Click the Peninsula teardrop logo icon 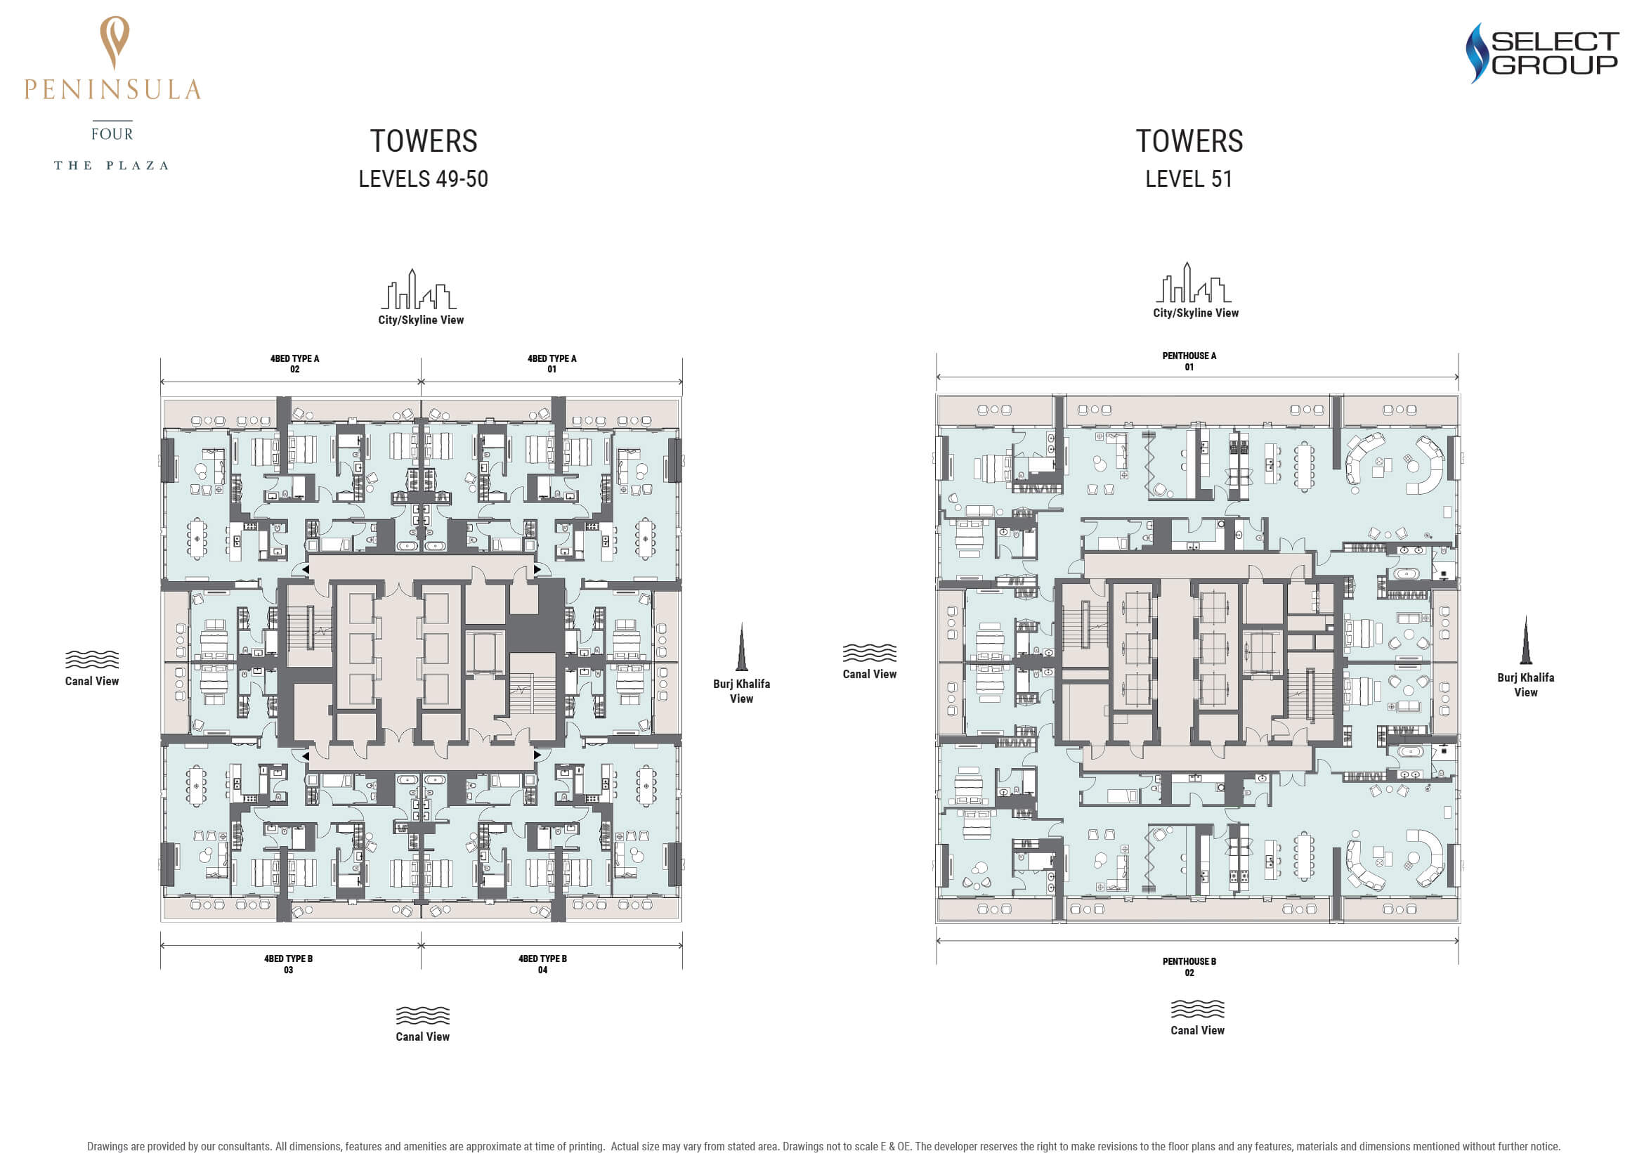click(x=115, y=42)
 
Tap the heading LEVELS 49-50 click(x=423, y=179)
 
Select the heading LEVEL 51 click(x=1189, y=179)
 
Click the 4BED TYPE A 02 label click(x=294, y=364)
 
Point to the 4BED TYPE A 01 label click(x=552, y=364)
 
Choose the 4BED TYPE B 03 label click(x=288, y=964)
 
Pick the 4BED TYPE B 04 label click(x=542, y=964)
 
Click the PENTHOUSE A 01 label click(x=1189, y=361)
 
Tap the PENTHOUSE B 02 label click(x=1189, y=967)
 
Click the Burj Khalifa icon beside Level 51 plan click(x=1525, y=640)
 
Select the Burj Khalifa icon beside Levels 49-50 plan click(x=741, y=647)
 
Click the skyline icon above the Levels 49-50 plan click(x=419, y=290)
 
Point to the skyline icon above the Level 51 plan click(x=1193, y=282)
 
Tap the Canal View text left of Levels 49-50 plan click(x=91, y=681)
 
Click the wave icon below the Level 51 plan click(x=1197, y=1008)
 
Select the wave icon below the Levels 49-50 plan click(x=422, y=1015)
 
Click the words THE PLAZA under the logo click(x=112, y=165)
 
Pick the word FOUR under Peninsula click(x=112, y=134)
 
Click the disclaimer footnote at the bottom click(x=823, y=1146)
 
